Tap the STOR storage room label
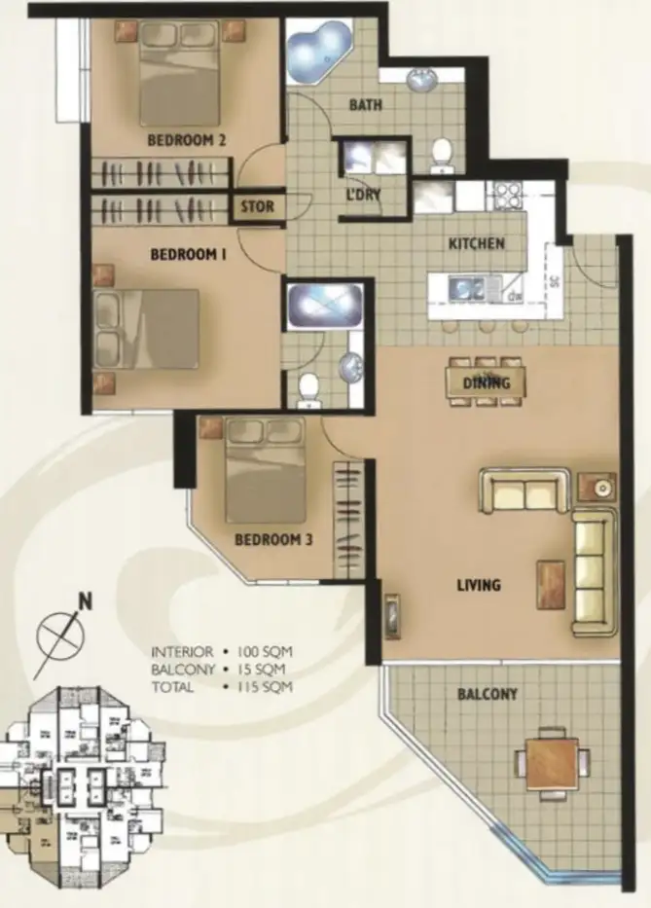coord(257,207)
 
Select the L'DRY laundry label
coord(362,195)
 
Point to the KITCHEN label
coord(476,243)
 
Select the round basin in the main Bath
coord(424,78)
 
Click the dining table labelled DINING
coord(487,382)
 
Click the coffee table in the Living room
coord(551,585)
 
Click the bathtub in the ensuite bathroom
coord(323,308)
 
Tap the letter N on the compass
coord(86,601)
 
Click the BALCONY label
coord(487,694)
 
